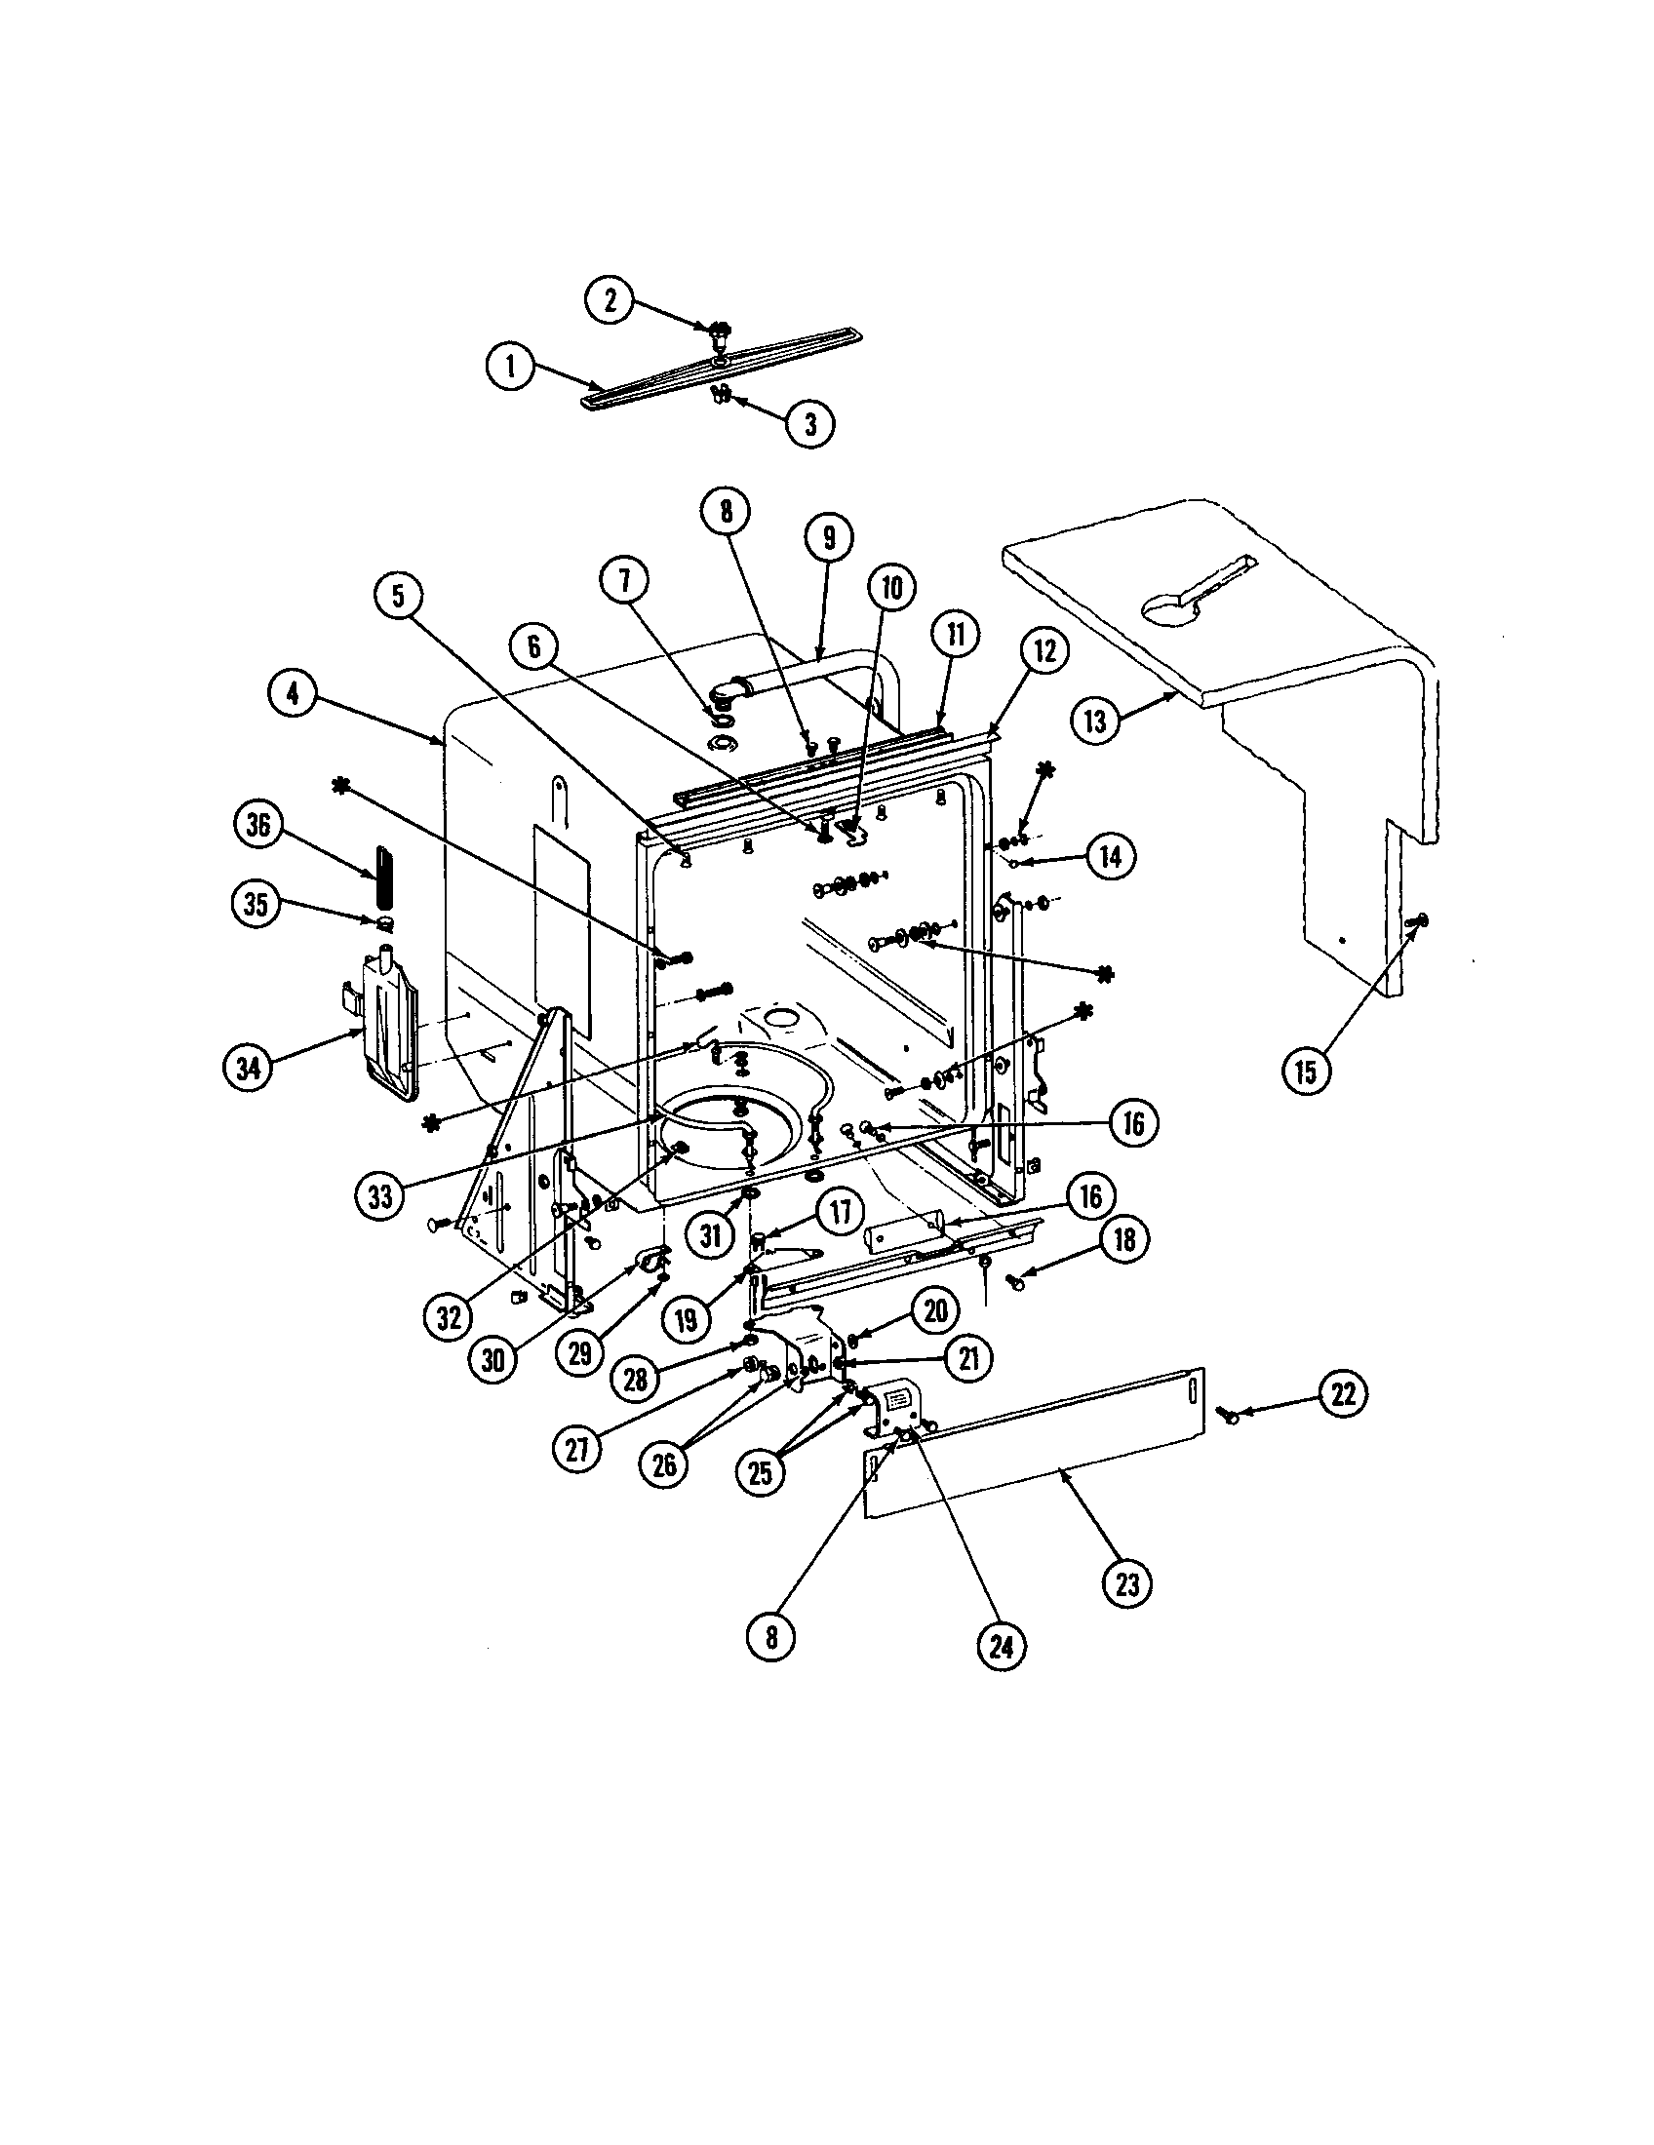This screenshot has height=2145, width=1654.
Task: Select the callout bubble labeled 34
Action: [x=249, y=1066]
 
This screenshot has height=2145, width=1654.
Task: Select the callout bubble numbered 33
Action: [x=380, y=1195]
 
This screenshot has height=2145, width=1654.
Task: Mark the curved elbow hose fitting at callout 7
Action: [x=731, y=690]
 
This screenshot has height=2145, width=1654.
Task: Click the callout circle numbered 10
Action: [x=890, y=588]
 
